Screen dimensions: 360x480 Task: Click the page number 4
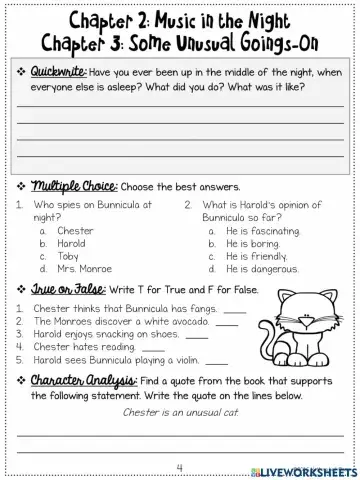tap(179, 466)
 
